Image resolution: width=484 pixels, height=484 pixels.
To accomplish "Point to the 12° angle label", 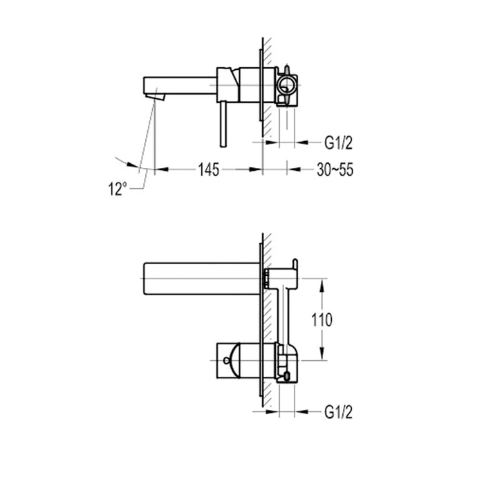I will click(x=118, y=187).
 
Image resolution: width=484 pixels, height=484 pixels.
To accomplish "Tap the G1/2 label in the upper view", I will click(x=338, y=143).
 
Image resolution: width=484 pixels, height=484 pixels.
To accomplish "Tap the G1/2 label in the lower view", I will click(x=338, y=412).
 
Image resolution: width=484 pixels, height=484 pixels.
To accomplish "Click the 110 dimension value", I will click(x=322, y=319).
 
